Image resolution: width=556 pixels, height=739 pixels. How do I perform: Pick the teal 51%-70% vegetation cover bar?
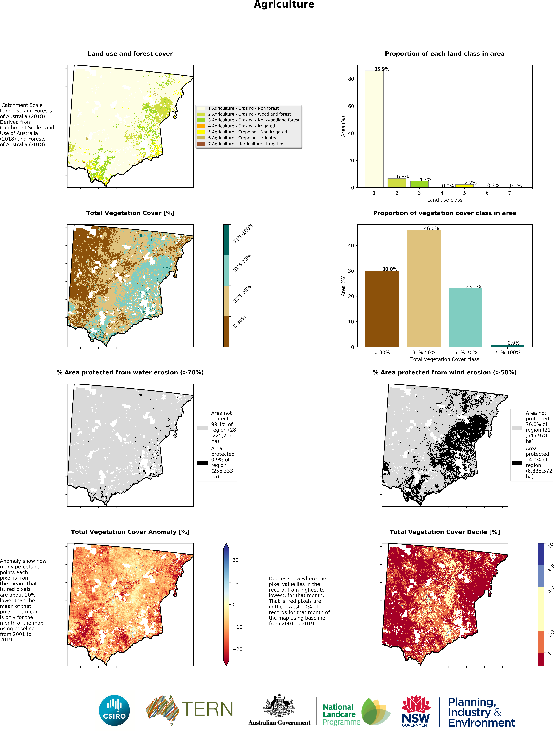coord(465,317)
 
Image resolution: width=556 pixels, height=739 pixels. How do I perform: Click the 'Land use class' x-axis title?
coord(444,200)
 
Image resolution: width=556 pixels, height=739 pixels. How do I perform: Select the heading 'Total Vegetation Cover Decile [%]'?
coord(444,532)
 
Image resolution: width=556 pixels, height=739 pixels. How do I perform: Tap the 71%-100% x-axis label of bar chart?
coord(507,352)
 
